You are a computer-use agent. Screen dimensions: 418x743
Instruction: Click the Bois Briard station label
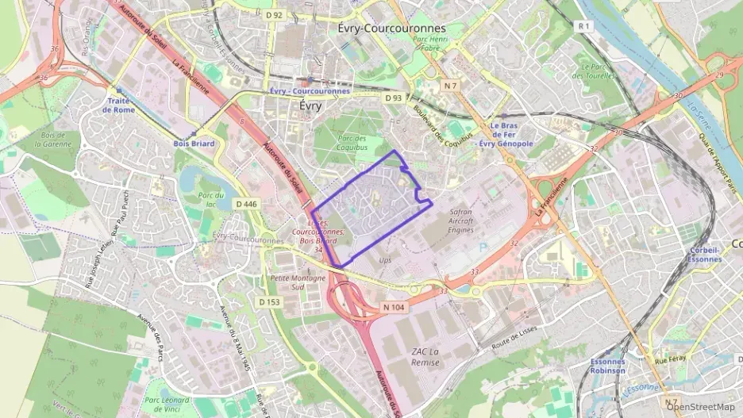point(194,144)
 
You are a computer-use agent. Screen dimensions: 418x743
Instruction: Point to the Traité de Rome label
point(119,105)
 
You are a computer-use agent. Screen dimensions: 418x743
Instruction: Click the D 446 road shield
point(247,204)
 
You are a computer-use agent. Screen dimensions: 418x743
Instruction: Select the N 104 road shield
point(394,307)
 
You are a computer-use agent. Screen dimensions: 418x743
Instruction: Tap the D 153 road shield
point(269,302)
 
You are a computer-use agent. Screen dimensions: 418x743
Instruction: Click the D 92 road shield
point(275,15)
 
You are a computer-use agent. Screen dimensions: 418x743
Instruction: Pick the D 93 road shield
point(393,98)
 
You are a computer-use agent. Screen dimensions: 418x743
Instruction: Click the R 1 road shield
point(585,26)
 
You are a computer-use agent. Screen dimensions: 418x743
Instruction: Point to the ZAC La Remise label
point(425,356)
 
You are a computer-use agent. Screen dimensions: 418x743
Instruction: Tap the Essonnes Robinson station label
point(607,366)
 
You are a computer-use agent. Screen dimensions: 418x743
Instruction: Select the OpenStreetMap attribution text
point(700,408)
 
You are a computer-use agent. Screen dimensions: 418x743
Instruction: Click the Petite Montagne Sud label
point(298,282)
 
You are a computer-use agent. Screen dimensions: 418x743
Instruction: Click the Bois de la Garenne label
point(56,140)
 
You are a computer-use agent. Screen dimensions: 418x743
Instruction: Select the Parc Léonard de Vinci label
point(167,405)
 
